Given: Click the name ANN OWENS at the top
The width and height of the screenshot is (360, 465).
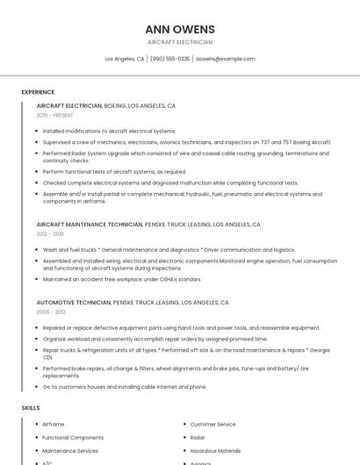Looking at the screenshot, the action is pyautogui.click(x=179, y=29).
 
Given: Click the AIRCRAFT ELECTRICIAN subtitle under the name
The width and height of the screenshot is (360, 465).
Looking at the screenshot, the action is pyautogui.click(x=179, y=42).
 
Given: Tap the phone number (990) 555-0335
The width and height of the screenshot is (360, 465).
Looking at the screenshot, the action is pyautogui.click(x=169, y=59).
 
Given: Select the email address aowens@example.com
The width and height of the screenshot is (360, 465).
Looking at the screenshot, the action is pyautogui.click(x=225, y=59).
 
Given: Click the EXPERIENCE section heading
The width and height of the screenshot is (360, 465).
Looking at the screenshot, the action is pyautogui.click(x=38, y=92).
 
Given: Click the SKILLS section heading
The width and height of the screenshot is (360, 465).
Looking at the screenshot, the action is pyautogui.click(x=31, y=408).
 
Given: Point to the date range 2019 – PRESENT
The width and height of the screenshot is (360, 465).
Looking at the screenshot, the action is pyautogui.click(x=55, y=115).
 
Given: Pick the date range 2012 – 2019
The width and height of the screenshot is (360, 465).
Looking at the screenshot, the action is pyautogui.click(x=50, y=234).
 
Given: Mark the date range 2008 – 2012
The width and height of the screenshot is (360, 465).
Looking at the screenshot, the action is pyautogui.click(x=51, y=311).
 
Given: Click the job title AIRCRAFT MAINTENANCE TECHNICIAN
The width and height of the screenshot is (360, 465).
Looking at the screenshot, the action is pyautogui.click(x=90, y=225).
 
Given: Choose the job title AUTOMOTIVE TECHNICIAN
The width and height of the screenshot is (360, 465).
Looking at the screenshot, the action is pyautogui.click(x=74, y=302).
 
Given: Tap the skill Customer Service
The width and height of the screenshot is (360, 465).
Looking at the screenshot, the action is pyautogui.click(x=212, y=425).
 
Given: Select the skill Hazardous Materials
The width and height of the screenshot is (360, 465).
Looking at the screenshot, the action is pyautogui.click(x=215, y=451).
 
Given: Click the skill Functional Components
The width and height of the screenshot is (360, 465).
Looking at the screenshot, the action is pyautogui.click(x=73, y=438).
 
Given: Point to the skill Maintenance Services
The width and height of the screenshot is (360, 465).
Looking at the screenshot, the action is pyautogui.click(x=70, y=451).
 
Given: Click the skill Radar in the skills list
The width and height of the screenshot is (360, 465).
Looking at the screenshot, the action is pyautogui.click(x=198, y=438).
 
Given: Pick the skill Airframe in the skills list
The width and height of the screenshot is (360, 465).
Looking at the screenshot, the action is pyautogui.click(x=54, y=425).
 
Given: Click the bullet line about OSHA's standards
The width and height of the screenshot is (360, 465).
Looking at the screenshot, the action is pyautogui.click(x=122, y=279).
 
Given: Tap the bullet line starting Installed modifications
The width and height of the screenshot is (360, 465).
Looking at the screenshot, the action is pyautogui.click(x=109, y=131).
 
